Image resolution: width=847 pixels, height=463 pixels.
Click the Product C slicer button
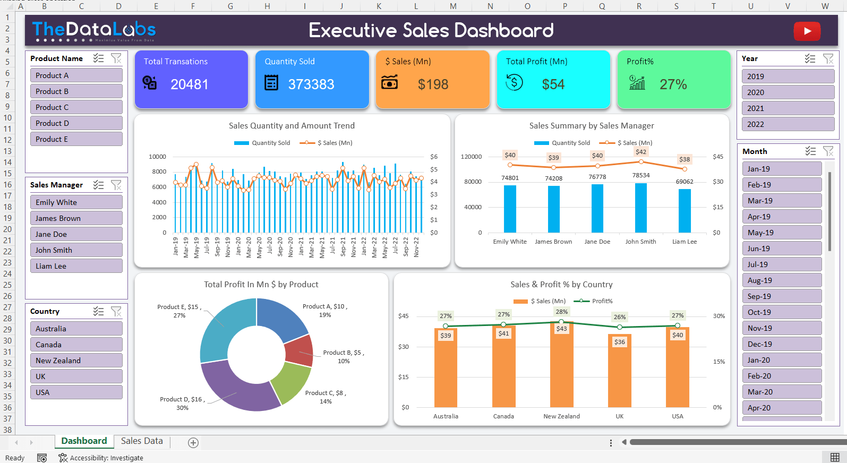[x=76, y=107]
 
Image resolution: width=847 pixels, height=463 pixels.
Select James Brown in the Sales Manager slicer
[x=76, y=218]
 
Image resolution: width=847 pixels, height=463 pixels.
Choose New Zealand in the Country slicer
[x=76, y=361]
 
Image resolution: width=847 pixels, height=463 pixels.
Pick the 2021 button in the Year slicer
[x=787, y=108]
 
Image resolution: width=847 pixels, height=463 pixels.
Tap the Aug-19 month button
[x=781, y=280]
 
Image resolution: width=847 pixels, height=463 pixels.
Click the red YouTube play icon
[x=807, y=31]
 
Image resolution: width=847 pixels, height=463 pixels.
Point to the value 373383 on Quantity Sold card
[x=311, y=84]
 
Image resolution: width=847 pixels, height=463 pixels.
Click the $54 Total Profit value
[x=553, y=84]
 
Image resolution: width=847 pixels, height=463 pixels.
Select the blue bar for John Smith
[x=640, y=208]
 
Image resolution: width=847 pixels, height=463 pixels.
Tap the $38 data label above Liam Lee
[x=685, y=159]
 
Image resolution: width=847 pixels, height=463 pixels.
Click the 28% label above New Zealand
[x=561, y=312]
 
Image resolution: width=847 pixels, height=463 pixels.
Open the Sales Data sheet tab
[x=142, y=441]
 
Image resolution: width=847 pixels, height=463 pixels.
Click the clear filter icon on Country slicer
[x=116, y=312]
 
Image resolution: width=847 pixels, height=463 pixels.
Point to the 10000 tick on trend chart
[x=157, y=157]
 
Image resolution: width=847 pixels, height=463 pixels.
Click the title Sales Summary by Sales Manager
[x=591, y=126]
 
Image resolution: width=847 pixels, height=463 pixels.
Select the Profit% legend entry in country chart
[x=597, y=301]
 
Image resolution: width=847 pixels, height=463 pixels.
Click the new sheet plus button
[x=193, y=443]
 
